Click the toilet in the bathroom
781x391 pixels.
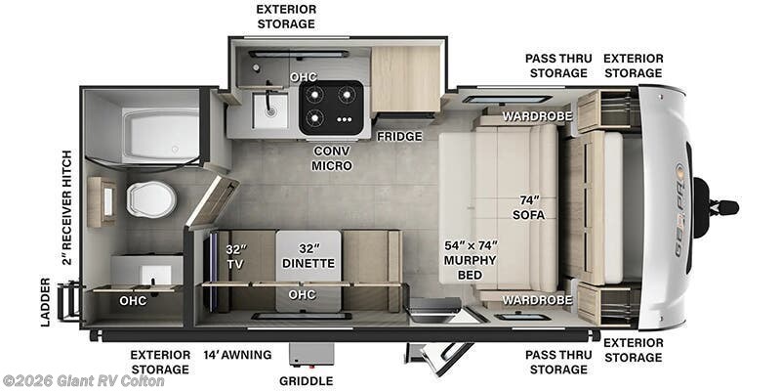pos(149,199)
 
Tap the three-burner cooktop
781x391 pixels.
pos(331,107)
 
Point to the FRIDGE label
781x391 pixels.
pos(399,136)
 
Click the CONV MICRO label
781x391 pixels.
pos(332,158)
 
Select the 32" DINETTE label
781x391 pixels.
pos(308,255)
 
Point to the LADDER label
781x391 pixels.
pos(45,302)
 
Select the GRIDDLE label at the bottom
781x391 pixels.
pos(306,380)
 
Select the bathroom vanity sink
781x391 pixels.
pos(146,272)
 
